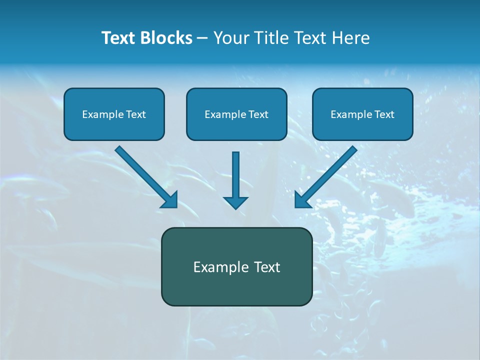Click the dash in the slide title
click(x=202, y=38)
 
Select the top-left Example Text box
click(x=114, y=114)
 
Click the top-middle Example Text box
click(x=236, y=114)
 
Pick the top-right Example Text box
click(x=362, y=114)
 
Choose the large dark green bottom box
click(x=236, y=266)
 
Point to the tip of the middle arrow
click(x=235, y=207)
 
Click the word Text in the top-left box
click(x=136, y=114)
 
